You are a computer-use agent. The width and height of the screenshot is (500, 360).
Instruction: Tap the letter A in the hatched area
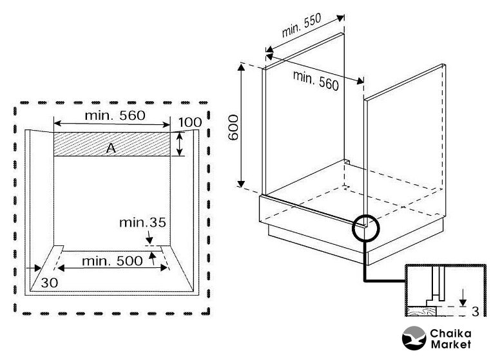[x=111, y=148]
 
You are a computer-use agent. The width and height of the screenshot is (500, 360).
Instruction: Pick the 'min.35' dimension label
[x=142, y=223]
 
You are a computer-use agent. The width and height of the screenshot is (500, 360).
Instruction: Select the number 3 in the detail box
[x=474, y=312]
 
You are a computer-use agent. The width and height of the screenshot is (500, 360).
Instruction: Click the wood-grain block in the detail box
[x=421, y=312]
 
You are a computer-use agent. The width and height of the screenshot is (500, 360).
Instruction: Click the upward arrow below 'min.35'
[x=151, y=258]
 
